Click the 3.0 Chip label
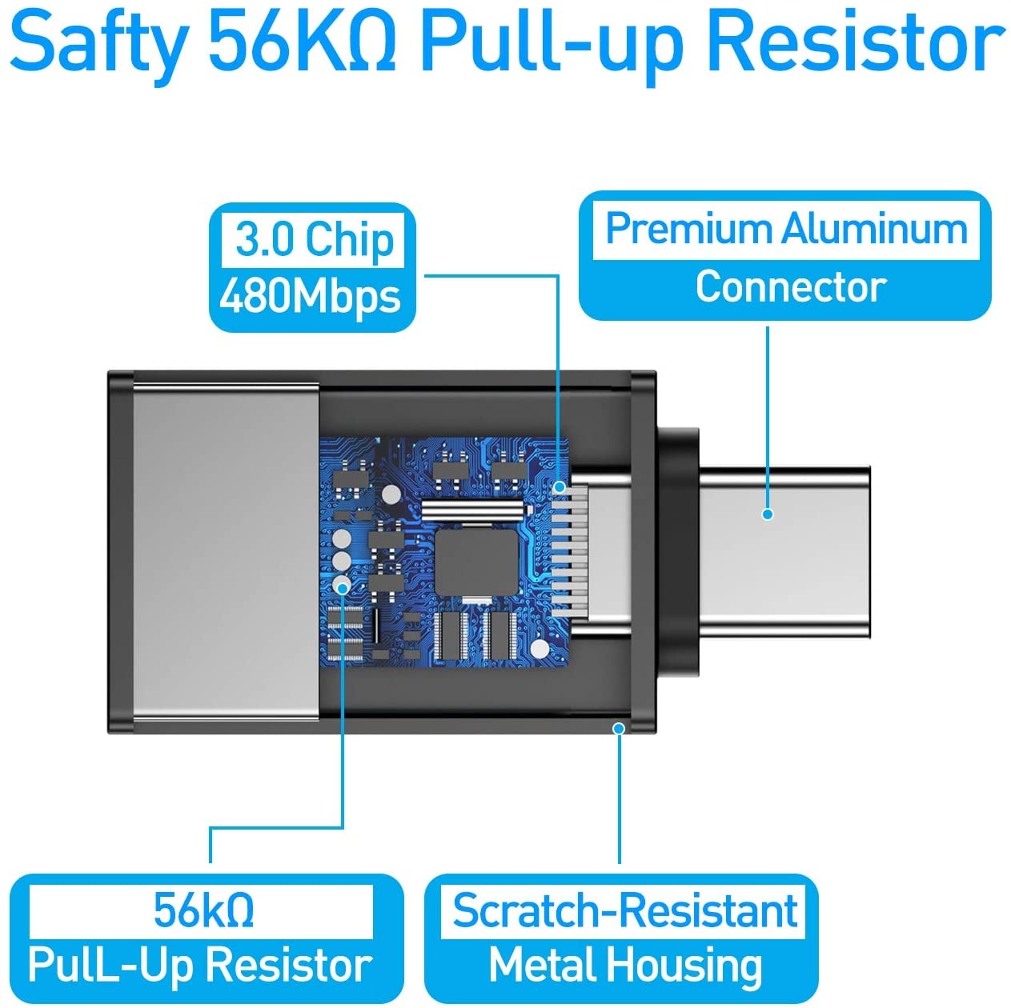click(x=314, y=240)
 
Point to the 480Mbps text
click(x=310, y=298)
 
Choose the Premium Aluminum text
click(x=786, y=230)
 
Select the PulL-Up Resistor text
click(x=201, y=965)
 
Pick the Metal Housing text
click(x=625, y=965)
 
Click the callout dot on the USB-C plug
click(x=768, y=514)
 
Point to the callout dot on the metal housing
click(x=619, y=729)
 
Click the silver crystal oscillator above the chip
click(x=473, y=507)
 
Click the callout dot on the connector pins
click(x=560, y=487)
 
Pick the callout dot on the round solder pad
click(x=343, y=586)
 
